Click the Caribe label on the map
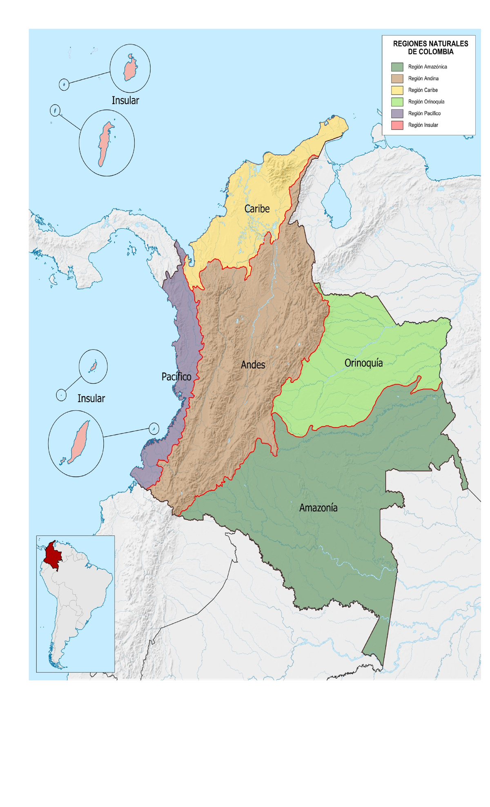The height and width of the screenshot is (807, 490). pyautogui.click(x=257, y=209)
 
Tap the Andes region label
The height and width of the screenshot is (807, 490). pyautogui.click(x=253, y=365)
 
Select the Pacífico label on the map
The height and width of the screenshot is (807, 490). pyautogui.click(x=176, y=377)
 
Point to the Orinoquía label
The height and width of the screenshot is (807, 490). pyautogui.click(x=363, y=363)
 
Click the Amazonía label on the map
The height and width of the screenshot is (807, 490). pyautogui.click(x=318, y=508)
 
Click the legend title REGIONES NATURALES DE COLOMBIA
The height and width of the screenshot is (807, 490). pyautogui.click(x=430, y=48)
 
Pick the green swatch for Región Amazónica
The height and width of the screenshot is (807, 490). pyautogui.click(x=397, y=67)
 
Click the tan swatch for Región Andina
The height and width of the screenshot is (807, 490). pyautogui.click(x=397, y=78)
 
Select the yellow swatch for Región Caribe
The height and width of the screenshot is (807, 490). pyautogui.click(x=397, y=90)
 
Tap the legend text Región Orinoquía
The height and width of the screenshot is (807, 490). pyautogui.click(x=426, y=102)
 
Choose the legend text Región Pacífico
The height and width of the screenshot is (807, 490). pyautogui.click(x=424, y=114)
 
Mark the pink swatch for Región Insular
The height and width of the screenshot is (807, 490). pyautogui.click(x=397, y=125)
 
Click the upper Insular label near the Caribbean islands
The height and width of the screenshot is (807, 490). pyautogui.click(x=125, y=100)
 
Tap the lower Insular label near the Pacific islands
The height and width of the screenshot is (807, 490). pyautogui.click(x=91, y=398)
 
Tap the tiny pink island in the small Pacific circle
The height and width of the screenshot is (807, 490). pyautogui.click(x=94, y=366)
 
